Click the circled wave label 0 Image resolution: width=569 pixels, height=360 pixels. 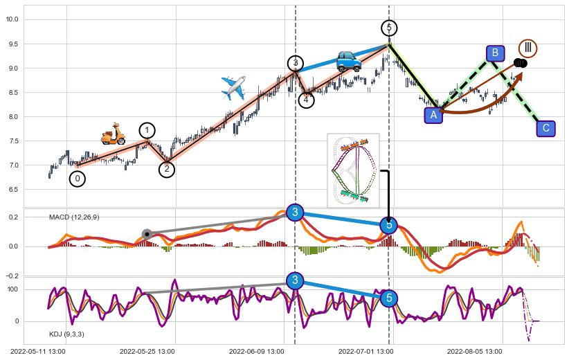pos(78,179)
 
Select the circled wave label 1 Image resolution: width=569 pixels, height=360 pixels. pos(147,130)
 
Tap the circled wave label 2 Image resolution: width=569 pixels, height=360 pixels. pos(167,168)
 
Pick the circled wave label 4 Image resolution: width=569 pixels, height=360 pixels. pos(307,100)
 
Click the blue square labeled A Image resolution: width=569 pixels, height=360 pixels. pos(434,115)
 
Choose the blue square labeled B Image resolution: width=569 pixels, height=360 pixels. pos(495,53)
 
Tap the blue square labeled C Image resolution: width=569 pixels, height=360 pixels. pos(546,128)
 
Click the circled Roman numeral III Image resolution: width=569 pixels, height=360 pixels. pos(528,48)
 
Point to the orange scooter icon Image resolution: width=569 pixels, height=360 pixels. pos(113,134)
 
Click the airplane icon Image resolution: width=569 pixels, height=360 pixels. pos(233,88)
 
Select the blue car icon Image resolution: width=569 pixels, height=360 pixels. pos(349,61)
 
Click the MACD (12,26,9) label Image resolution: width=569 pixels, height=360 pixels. pos(74,217)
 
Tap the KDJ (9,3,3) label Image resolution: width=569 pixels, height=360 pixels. pos(66,334)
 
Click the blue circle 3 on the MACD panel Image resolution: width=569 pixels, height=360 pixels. pos(295,213)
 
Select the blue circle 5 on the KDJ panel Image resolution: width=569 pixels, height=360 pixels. pos(389,298)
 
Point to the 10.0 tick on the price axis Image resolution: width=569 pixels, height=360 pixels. pos(12,19)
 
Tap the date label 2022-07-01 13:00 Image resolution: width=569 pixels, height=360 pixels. pos(365,352)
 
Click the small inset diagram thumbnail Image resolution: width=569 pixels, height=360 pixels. pos(353,170)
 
